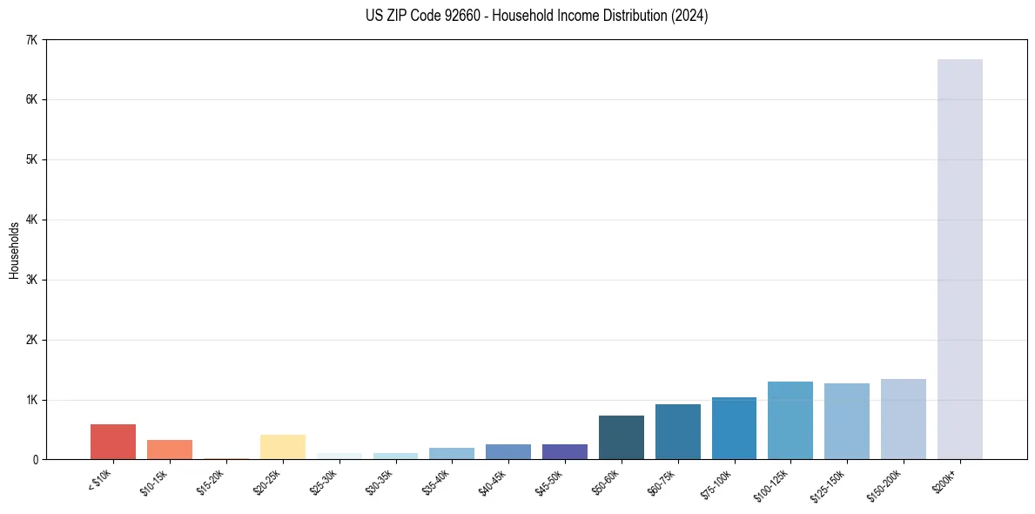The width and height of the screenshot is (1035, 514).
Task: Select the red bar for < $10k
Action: pyautogui.click(x=113, y=442)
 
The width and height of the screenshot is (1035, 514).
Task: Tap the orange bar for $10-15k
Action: pyautogui.click(x=170, y=450)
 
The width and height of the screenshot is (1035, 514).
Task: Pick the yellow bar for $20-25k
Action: pyautogui.click(x=283, y=447)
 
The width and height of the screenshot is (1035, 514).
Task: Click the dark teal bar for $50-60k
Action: pyautogui.click(x=622, y=437)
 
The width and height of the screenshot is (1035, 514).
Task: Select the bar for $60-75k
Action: pyautogui.click(x=678, y=432)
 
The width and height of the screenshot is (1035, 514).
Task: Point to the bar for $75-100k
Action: pyautogui.click(x=734, y=429)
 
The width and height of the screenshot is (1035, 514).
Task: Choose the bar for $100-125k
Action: pyautogui.click(x=790, y=421)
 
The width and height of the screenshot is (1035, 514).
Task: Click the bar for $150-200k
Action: pyautogui.click(x=904, y=419)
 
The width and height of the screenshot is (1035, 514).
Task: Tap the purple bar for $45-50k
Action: pyautogui.click(x=565, y=451)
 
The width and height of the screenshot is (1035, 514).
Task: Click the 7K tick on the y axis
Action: pyautogui.click(x=32, y=40)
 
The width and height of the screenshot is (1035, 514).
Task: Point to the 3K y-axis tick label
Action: pyautogui.click(x=32, y=280)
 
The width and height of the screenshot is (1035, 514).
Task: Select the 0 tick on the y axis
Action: pyautogui.click(x=35, y=459)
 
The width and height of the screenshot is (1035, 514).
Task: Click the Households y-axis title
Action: pyautogui.click(x=14, y=250)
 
